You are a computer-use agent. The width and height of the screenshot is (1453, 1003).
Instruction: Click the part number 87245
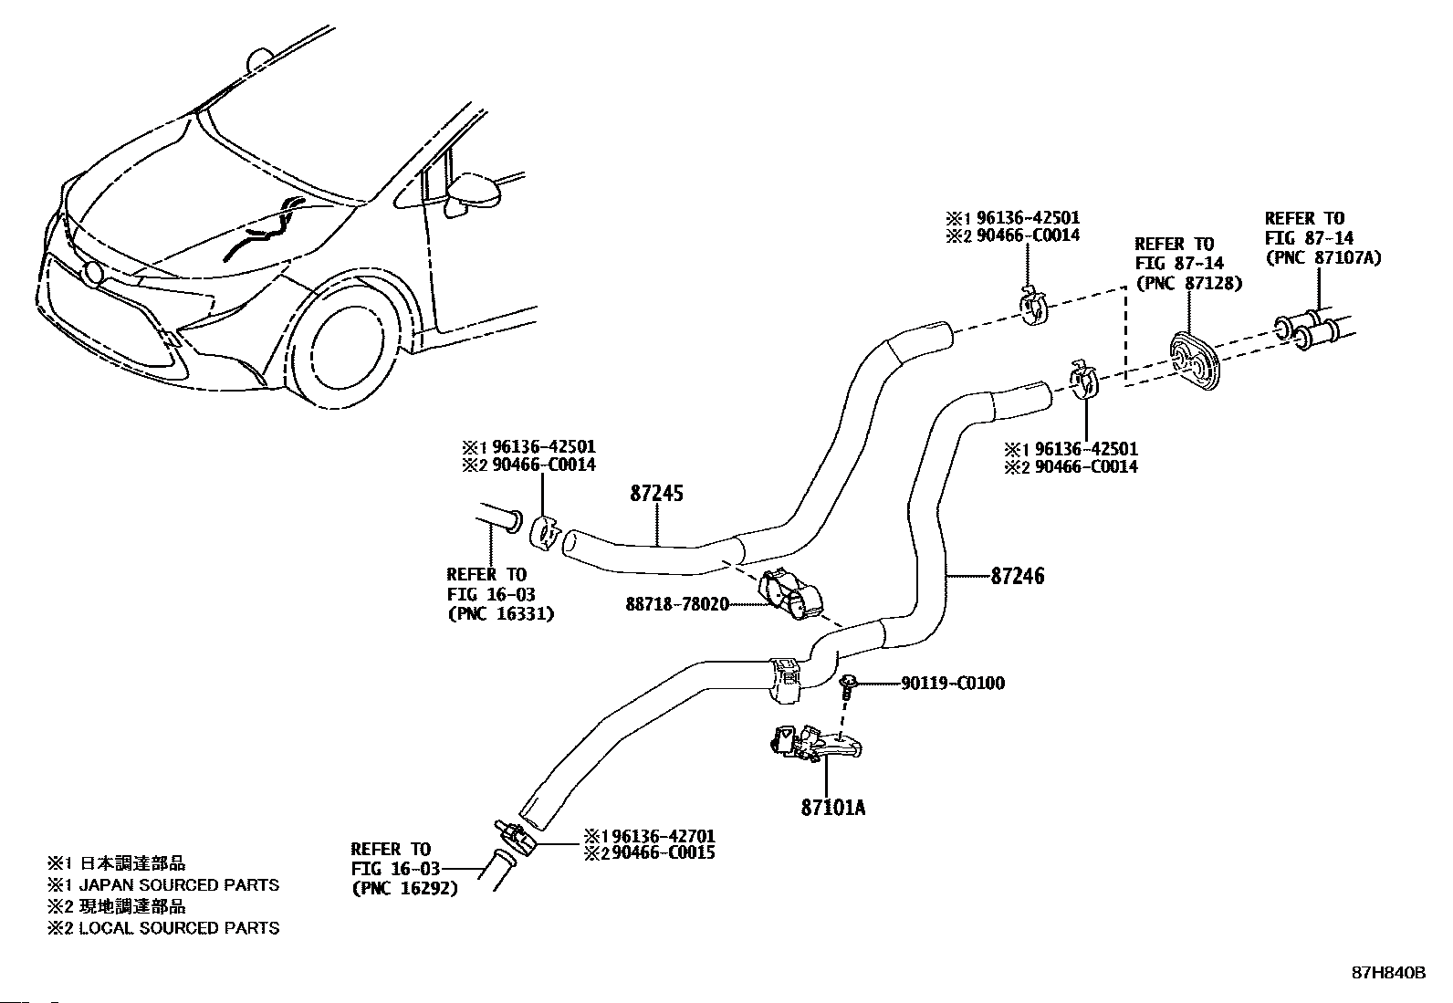click(656, 494)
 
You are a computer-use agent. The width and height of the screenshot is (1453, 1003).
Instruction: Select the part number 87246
click(1018, 576)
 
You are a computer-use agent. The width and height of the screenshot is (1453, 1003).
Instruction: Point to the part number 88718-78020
click(677, 604)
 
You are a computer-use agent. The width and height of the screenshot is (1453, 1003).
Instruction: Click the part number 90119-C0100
click(953, 684)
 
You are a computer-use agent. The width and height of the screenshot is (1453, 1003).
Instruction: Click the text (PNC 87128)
click(1188, 284)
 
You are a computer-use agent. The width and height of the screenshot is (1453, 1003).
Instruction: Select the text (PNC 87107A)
click(1323, 257)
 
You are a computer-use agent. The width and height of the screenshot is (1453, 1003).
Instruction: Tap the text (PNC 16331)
click(501, 613)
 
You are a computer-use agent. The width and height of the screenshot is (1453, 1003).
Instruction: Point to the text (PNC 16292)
click(404, 888)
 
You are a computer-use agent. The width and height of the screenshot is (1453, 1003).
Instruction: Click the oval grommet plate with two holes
click(1195, 361)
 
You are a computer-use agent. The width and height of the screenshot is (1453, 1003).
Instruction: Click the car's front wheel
click(345, 356)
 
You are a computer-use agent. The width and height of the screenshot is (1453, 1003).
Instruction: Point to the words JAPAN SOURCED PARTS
click(179, 885)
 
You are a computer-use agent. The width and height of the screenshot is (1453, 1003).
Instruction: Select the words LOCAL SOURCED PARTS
click(179, 928)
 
